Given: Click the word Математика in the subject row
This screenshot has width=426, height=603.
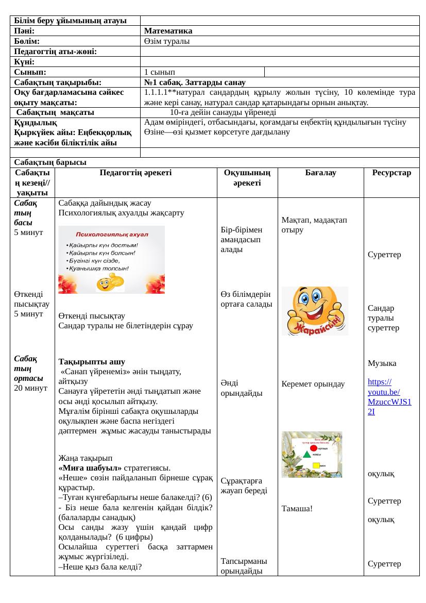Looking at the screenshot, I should [168, 31].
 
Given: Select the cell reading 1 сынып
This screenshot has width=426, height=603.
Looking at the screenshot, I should [162, 72].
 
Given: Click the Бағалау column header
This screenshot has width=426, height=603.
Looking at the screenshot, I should [320, 173].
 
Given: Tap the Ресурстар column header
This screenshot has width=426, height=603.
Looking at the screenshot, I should [391, 173].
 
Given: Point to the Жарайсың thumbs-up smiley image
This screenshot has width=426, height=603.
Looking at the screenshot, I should [315, 310].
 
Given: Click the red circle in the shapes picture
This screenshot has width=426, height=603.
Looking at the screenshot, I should [314, 448].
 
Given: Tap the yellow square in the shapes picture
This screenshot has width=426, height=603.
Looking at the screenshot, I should [316, 465].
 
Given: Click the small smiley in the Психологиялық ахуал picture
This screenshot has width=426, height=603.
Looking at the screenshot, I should [107, 282].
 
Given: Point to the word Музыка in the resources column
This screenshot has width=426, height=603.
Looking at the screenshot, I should [382, 363].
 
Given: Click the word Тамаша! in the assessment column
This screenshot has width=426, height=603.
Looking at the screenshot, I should [297, 509].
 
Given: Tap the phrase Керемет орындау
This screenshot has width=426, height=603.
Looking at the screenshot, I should [313, 384].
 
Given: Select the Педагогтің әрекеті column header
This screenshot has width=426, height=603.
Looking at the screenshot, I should [136, 173].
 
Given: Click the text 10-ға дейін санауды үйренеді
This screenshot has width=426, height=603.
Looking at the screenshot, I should [223, 112].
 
